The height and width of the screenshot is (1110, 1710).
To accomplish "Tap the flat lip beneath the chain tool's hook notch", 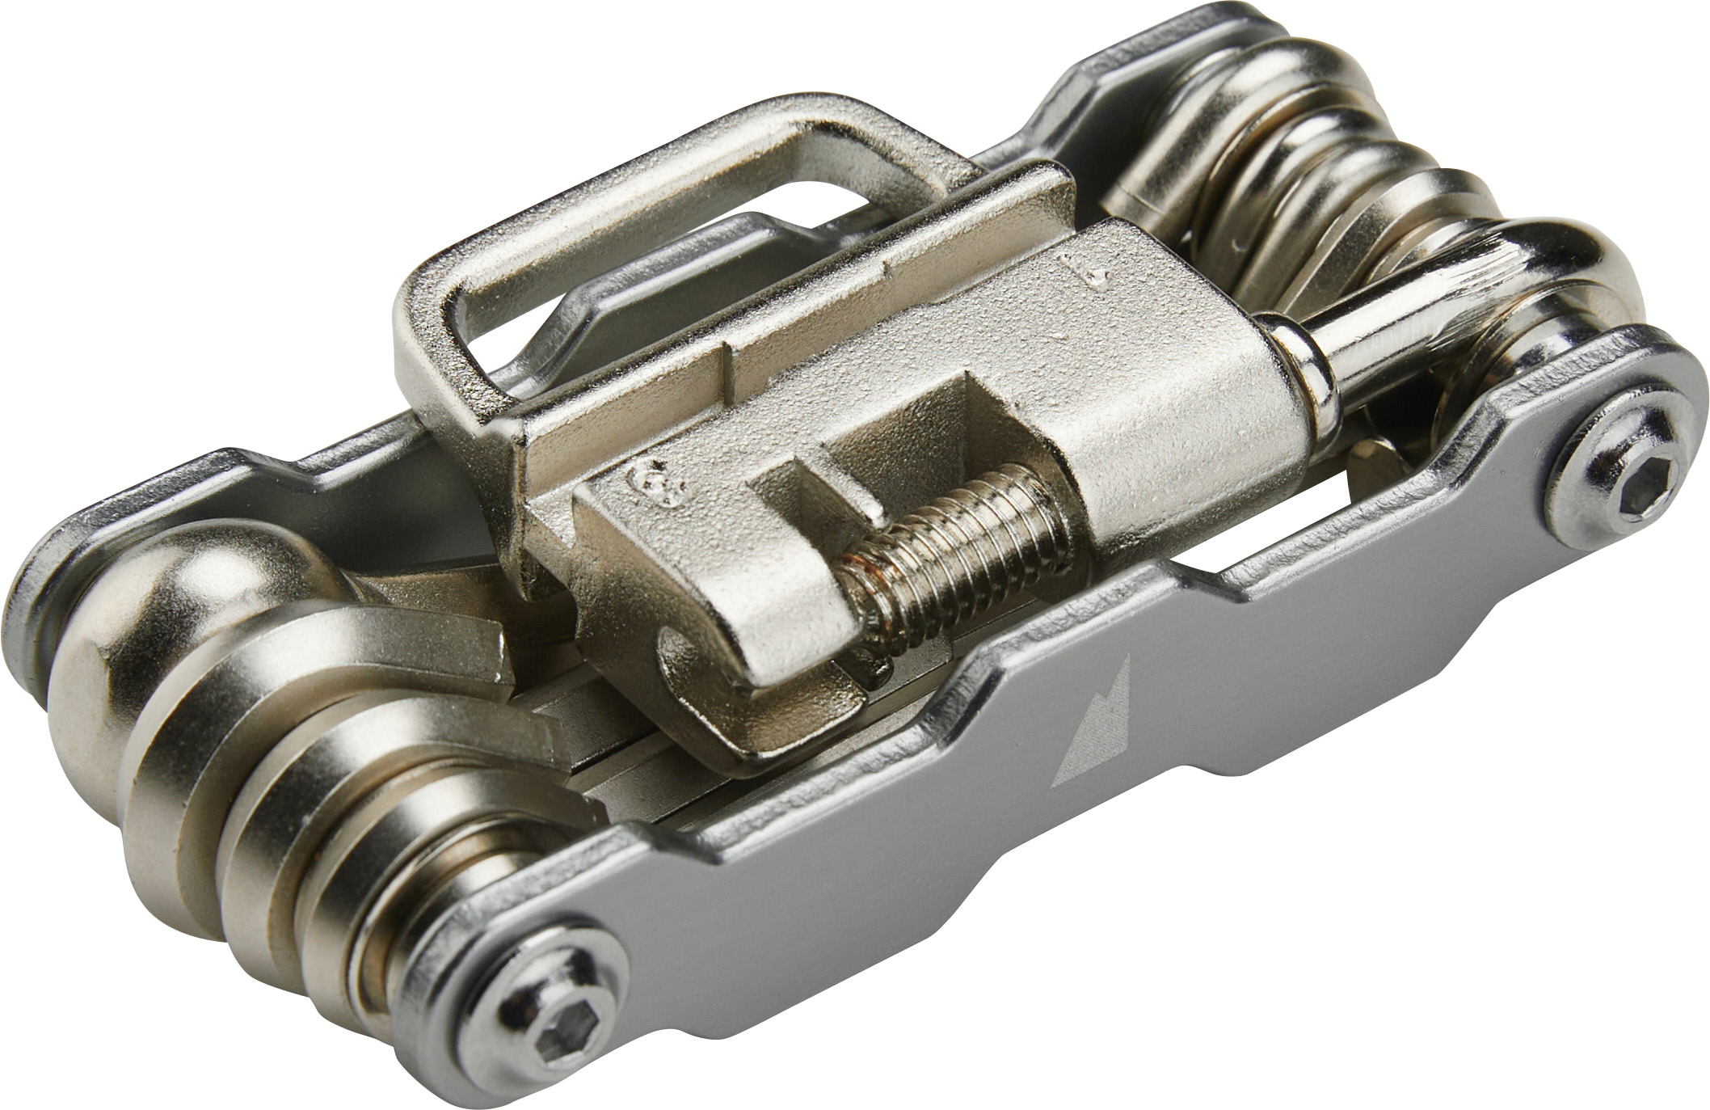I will point(776,728).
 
